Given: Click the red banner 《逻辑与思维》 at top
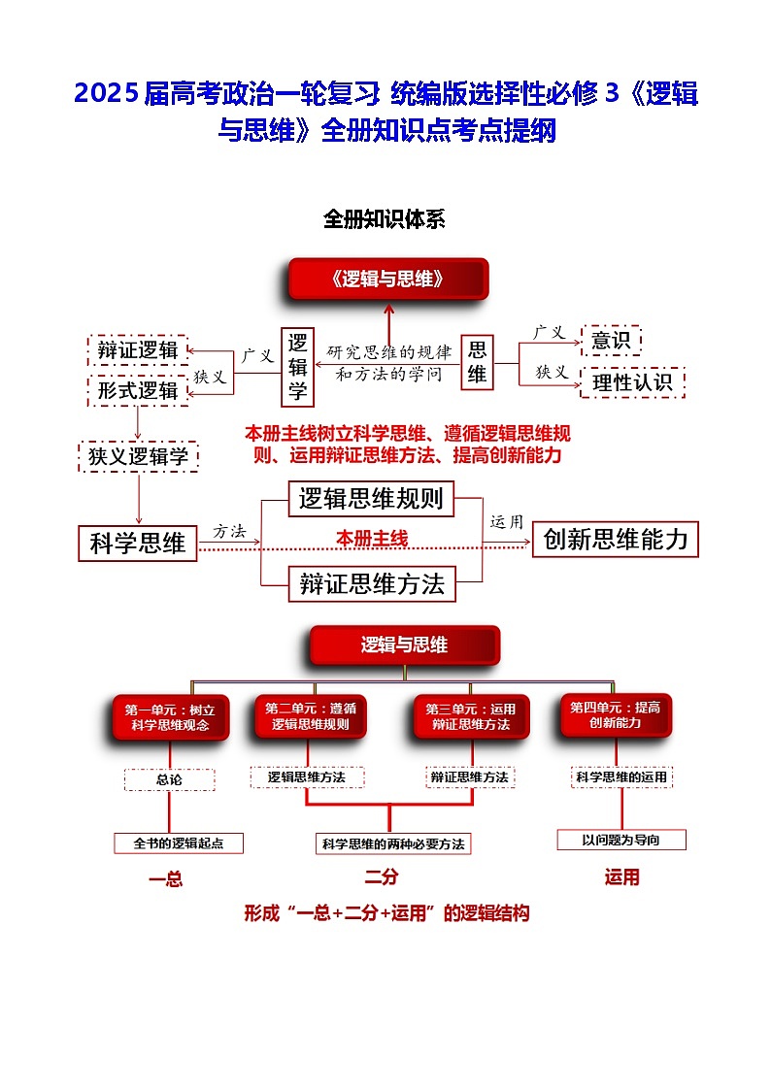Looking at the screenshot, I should pyautogui.click(x=387, y=280).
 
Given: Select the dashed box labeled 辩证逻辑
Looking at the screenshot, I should pyautogui.click(x=138, y=350).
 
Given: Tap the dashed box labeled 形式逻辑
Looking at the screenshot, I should pyautogui.click(x=138, y=390).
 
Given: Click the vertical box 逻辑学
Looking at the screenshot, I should pyautogui.click(x=297, y=366).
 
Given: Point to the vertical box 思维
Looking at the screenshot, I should pyautogui.click(x=477, y=362).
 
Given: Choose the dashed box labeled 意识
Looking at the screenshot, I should pyautogui.click(x=611, y=341).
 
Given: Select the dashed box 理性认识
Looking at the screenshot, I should pyautogui.click(x=632, y=382).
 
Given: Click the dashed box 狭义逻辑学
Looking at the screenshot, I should pyautogui.click(x=138, y=456).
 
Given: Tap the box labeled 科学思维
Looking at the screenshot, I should pyautogui.click(x=138, y=543).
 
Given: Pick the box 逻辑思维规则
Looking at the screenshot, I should pyautogui.click(x=371, y=499).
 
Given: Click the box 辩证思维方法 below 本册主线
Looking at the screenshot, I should pyautogui.click(x=372, y=583).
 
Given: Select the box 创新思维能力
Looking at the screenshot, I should pyautogui.click(x=616, y=540).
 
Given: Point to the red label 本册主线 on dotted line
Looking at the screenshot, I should pyautogui.click(x=372, y=539).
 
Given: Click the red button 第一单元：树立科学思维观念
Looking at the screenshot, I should pyautogui.click(x=170, y=716).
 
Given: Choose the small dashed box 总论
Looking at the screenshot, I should pyautogui.click(x=169, y=779).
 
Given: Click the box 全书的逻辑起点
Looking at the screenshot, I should pyautogui.click(x=179, y=843).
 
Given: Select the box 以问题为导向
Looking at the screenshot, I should pyautogui.click(x=621, y=840).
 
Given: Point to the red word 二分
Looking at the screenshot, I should pyautogui.click(x=382, y=877).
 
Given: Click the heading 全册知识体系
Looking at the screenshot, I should pyautogui.click(x=385, y=219).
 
